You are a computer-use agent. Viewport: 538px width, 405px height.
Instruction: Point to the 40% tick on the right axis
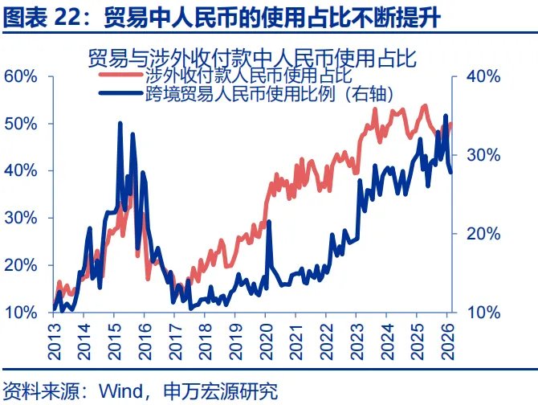click(x=483, y=76)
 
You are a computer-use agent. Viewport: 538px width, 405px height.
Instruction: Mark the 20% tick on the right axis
click(x=483, y=234)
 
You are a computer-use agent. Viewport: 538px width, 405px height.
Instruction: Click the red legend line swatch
click(x=120, y=76)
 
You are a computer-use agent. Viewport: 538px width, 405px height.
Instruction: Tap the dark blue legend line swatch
click(x=120, y=93)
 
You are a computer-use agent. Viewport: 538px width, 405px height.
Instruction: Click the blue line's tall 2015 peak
click(x=120, y=124)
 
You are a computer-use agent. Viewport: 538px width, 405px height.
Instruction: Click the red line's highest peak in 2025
click(x=425, y=105)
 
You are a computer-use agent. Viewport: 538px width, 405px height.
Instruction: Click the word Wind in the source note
click(x=116, y=391)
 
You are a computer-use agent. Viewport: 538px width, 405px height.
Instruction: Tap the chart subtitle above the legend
click(x=254, y=59)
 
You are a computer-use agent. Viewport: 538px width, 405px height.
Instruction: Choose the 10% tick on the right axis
click(x=483, y=313)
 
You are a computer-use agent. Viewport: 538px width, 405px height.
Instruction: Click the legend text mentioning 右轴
click(x=268, y=93)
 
